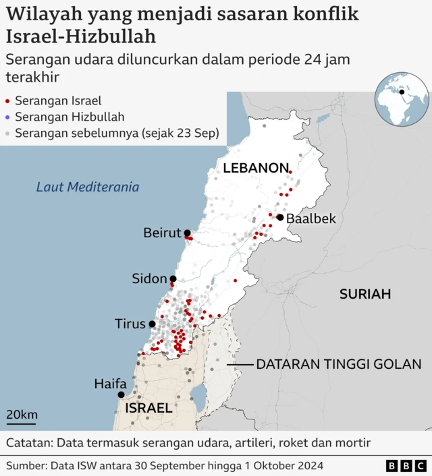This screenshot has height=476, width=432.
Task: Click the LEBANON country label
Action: (256, 169)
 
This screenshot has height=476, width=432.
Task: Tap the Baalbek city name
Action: (310, 219)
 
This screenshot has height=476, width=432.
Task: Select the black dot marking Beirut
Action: (187, 233)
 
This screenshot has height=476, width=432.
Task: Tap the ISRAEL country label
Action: (149, 409)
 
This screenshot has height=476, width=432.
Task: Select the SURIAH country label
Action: (365, 294)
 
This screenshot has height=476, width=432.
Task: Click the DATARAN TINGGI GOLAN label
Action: (338, 364)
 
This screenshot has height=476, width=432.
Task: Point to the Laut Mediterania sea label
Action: (88, 187)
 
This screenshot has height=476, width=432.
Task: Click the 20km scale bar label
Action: (22, 415)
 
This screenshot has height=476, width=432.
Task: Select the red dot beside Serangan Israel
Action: (7, 102)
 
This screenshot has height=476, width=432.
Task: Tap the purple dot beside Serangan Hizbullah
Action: (7, 117)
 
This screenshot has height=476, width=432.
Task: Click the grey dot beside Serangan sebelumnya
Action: (7, 133)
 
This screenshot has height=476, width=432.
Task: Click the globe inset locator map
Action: (402, 100)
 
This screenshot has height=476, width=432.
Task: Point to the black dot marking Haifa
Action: (121, 395)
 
